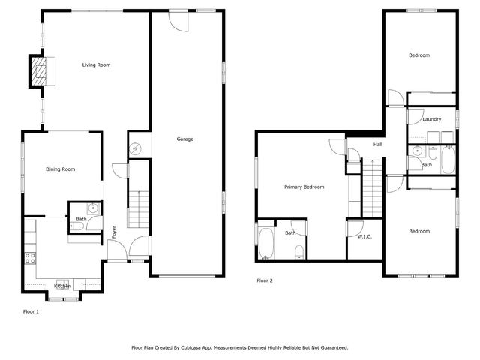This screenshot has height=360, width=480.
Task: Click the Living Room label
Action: coord(96,65)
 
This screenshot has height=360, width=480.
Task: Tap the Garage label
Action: coord(185,139)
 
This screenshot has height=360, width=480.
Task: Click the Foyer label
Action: coord(115,232)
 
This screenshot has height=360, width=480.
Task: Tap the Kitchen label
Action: coord(62,286)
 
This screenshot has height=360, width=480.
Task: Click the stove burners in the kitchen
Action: coord(31,259)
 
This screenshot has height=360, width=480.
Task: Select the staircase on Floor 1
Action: coord(139,209)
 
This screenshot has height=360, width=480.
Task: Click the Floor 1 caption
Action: coord(30,310)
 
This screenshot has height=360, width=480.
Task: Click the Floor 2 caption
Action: coord(265,280)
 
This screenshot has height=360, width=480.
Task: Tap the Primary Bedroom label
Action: coord(304,187)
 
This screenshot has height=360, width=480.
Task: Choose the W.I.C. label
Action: coord(364,237)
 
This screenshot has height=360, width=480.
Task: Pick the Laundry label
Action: coord(431,119)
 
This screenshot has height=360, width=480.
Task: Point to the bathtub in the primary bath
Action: coord(266,244)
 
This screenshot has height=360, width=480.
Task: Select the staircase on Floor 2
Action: coord(372,187)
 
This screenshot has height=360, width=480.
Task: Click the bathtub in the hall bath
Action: coord(448,158)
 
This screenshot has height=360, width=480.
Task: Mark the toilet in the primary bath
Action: coord(298,250)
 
